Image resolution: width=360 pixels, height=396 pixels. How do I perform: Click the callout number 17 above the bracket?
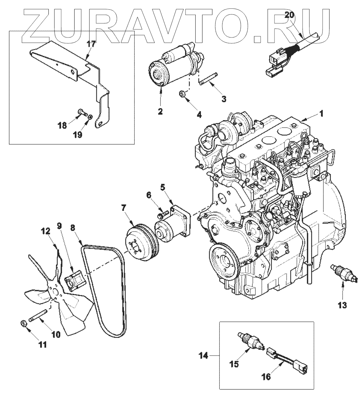91,44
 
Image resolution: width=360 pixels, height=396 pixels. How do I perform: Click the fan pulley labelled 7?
140,239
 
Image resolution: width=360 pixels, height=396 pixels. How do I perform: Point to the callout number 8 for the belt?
73,228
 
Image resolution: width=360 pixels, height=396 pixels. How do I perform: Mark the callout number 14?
204,355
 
